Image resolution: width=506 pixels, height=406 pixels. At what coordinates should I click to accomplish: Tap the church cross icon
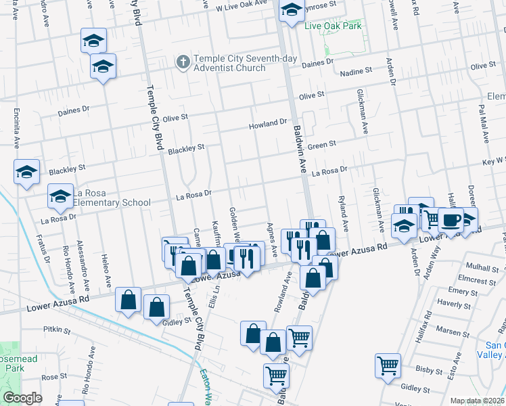182,62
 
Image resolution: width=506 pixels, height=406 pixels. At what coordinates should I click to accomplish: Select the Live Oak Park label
333,26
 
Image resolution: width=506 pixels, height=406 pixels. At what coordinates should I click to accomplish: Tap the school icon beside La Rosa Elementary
60,196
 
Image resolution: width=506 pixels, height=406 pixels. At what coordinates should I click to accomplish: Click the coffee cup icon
451,219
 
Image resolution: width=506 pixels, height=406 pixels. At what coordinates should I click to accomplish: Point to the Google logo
22,398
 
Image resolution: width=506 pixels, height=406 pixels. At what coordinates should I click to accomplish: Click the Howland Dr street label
268,124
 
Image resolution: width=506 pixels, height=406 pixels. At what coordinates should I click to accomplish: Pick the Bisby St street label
429,369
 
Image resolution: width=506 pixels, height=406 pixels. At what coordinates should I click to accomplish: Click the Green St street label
322,145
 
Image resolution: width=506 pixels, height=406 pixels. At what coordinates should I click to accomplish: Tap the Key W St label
493,161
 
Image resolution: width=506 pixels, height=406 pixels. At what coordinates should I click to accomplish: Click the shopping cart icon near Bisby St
388,365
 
